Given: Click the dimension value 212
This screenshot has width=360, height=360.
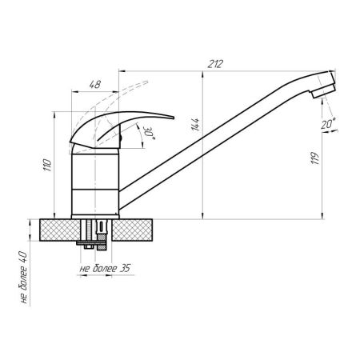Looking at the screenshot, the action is coord(215,64).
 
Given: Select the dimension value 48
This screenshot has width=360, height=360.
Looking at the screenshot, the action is coord(95,85).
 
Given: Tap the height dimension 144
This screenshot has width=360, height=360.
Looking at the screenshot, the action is coord(195,124).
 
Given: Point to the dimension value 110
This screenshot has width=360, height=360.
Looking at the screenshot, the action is coord(47,165).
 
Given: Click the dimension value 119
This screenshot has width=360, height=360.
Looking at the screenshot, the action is coord(315,158).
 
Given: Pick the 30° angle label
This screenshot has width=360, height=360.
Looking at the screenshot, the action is coord(149,133).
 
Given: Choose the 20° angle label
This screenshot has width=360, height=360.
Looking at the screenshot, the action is coord(328,123).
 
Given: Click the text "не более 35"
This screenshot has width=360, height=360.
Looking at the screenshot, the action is coord(105,268).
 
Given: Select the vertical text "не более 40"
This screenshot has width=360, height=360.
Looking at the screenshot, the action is coord(23,278).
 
